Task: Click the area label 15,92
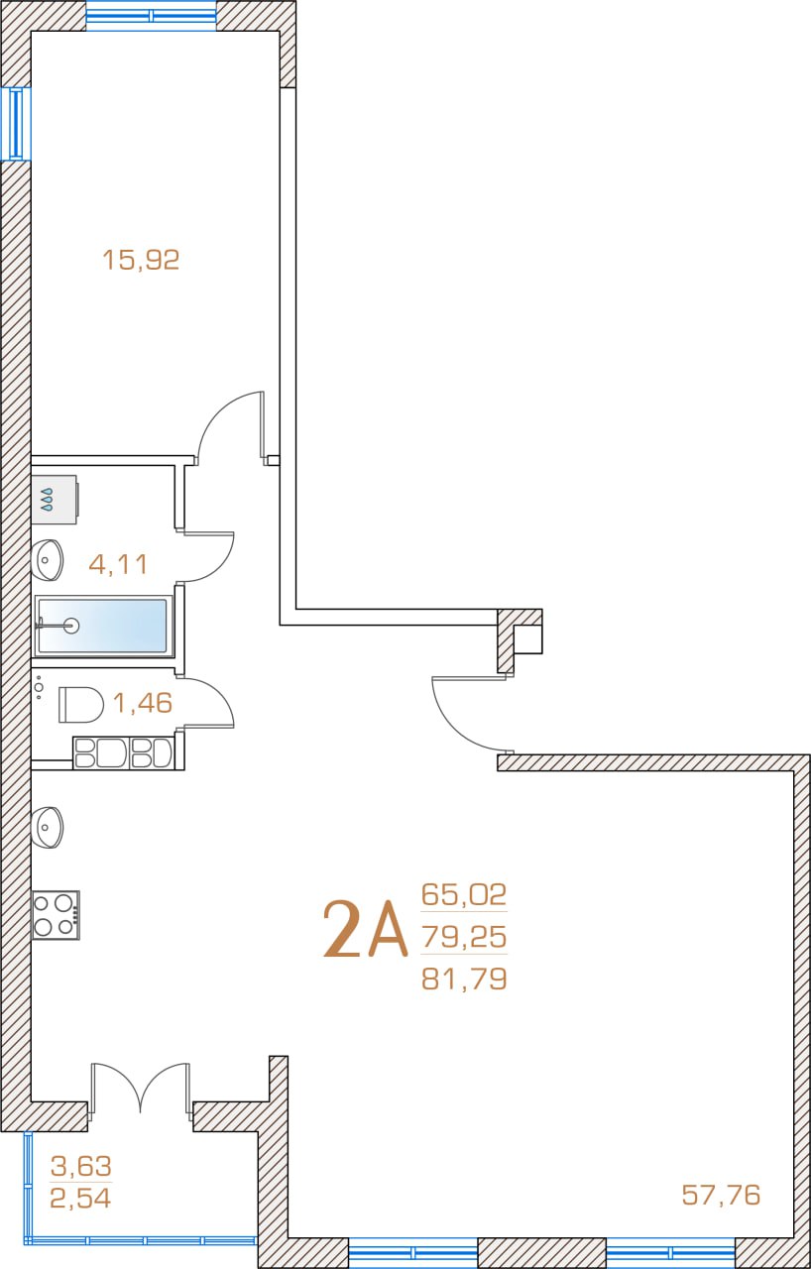(x=141, y=260)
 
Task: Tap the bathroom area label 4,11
(x=118, y=564)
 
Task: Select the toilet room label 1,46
(x=143, y=703)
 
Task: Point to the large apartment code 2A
(x=365, y=930)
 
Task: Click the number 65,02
(x=464, y=894)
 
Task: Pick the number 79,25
(x=464, y=937)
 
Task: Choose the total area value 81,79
(x=464, y=979)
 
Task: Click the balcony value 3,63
(x=81, y=1162)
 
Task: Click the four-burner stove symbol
(x=56, y=915)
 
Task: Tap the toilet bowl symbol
(x=81, y=705)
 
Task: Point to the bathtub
(x=102, y=626)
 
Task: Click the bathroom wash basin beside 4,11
(x=47, y=560)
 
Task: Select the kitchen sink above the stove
(x=47, y=827)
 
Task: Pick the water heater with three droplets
(x=55, y=500)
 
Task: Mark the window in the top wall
(x=152, y=15)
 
